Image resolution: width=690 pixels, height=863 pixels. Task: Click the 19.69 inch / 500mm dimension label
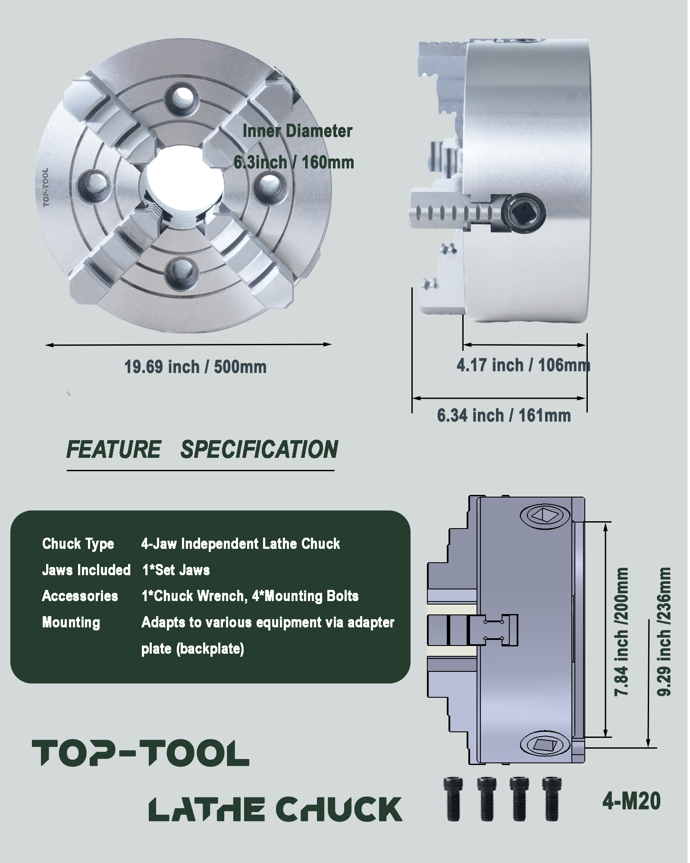point(195,367)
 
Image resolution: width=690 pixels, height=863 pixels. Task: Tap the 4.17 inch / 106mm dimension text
point(523,365)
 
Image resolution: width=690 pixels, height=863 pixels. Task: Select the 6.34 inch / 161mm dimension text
point(504,416)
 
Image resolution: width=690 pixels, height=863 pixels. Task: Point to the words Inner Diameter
point(298,131)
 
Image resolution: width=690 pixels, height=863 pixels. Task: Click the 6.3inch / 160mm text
point(294,163)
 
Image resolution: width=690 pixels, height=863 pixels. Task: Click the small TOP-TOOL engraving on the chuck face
point(46,187)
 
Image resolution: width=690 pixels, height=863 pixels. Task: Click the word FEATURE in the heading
point(114,449)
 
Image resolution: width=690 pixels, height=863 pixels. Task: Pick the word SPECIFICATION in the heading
point(259,449)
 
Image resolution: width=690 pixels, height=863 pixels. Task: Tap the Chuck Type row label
point(78,544)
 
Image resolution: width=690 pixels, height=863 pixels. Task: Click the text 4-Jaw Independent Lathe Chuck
point(240,544)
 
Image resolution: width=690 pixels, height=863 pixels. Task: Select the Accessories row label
point(80,596)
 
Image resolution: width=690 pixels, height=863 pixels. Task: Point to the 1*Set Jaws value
point(176,570)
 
